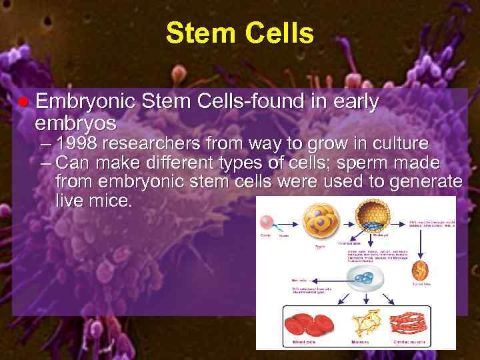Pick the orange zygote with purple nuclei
coord(321,220)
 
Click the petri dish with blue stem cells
coord(363,279)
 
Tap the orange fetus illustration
coord(419,270)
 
